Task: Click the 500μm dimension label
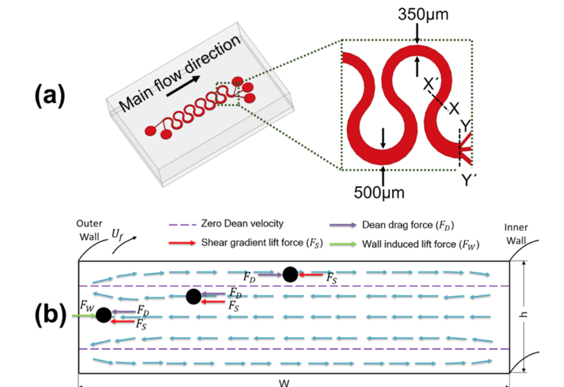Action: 379,192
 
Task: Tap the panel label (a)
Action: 49,95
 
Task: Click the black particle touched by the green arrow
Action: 103,315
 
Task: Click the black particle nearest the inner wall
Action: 290,274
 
